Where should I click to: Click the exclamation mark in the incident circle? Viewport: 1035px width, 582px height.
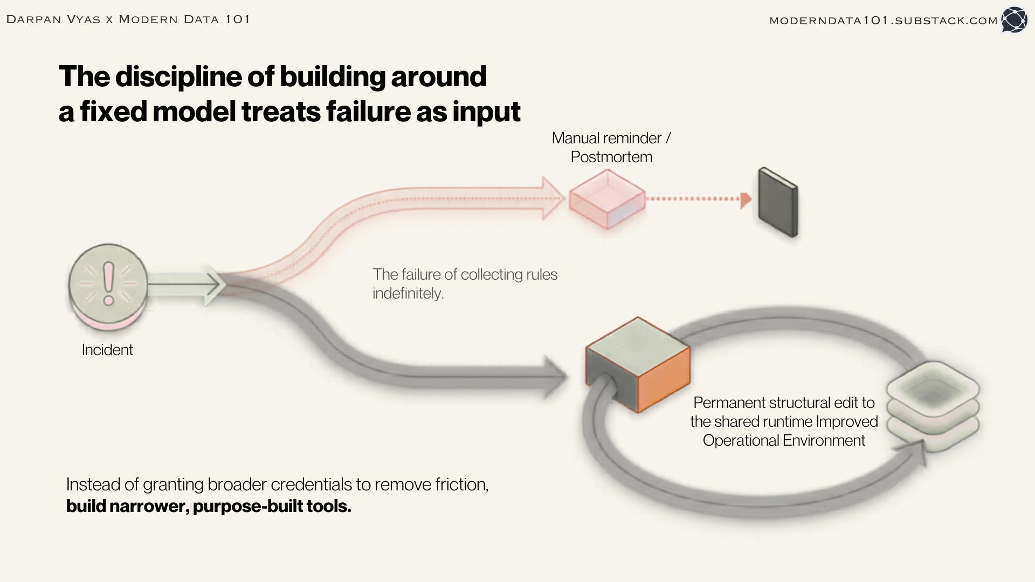(109, 283)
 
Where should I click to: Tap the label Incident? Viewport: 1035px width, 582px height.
(107, 350)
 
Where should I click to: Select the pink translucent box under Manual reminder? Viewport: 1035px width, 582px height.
(608, 199)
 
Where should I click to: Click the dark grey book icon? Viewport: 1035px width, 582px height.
(778, 202)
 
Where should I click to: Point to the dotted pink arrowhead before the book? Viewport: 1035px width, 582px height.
(746, 200)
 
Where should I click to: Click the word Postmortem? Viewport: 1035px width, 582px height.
(611, 157)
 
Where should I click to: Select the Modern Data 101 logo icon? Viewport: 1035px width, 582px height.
(1014, 20)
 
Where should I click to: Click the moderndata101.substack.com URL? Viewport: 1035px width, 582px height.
(884, 20)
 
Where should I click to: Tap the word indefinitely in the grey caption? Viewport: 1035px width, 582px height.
(408, 293)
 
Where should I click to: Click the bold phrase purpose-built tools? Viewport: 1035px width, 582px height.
(272, 506)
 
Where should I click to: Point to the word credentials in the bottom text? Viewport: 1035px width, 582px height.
(307, 484)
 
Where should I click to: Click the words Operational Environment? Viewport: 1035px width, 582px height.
(784, 440)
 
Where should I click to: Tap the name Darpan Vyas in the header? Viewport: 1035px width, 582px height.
(53, 20)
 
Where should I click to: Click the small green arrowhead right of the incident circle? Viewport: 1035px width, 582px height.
(212, 283)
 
